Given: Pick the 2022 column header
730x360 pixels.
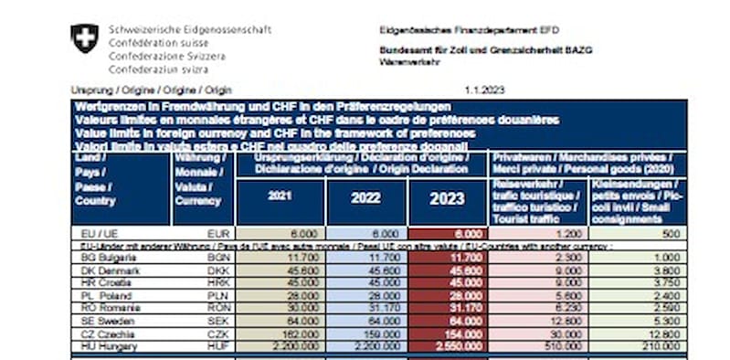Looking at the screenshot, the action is pyautogui.click(x=365, y=196).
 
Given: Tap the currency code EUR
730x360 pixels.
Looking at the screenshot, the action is pyautogui.click(x=217, y=235).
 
